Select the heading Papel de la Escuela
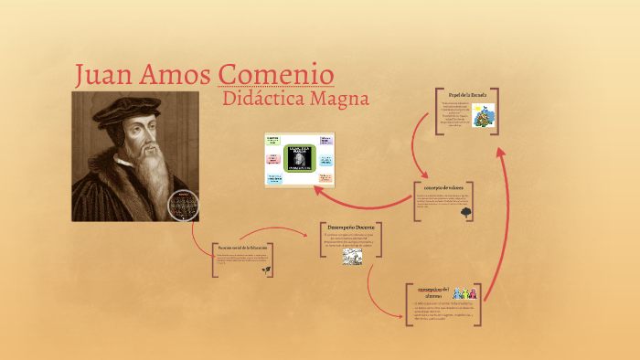pyautogui.click(x=465, y=94)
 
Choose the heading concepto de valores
pyautogui.click(x=443, y=186)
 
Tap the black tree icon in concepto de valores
pyautogui.click(x=466, y=212)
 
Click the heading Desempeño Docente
pyautogui.click(x=351, y=227)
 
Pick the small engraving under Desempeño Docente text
pyautogui.click(x=353, y=257)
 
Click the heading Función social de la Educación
pyautogui.click(x=242, y=249)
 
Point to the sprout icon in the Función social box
pyautogui.click(x=265, y=270)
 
